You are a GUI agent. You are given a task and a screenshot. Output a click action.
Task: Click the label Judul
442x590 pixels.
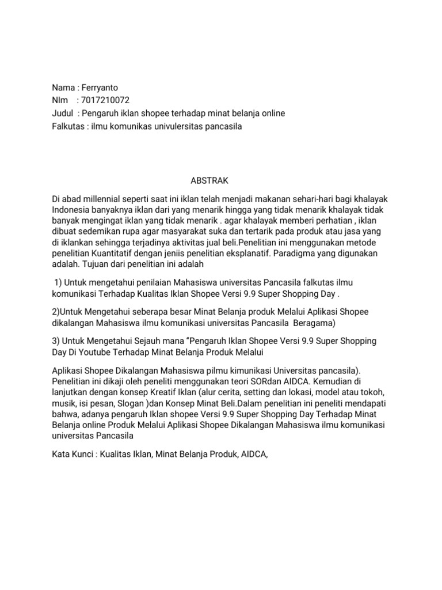tap(62, 114)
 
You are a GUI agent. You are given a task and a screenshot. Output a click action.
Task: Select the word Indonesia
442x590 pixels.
tap(72, 209)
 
